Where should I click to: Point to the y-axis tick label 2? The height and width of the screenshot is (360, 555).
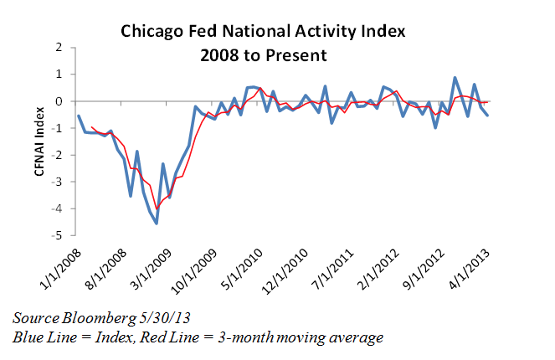click(x=59, y=48)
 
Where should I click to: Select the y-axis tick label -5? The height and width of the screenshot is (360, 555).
click(x=58, y=235)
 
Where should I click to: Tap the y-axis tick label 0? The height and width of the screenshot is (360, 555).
click(x=59, y=101)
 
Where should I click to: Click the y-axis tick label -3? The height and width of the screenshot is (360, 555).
click(x=58, y=182)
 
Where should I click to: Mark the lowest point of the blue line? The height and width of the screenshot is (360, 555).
click(x=157, y=223)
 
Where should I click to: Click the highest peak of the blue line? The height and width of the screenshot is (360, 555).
click(x=455, y=78)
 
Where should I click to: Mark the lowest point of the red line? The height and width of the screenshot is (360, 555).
click(x=157, y=209)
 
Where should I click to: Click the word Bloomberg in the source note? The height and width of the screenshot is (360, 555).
click(x=91, y=318)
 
